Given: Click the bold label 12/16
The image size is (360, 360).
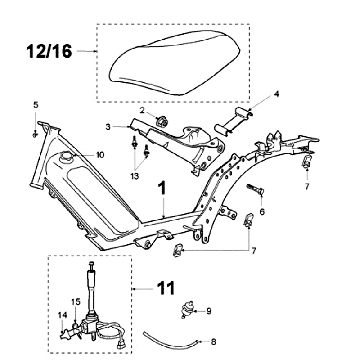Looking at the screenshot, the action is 49,51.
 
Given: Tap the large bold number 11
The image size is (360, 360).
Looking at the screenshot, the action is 166,288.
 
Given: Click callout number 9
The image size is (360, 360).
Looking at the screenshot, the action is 209,311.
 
